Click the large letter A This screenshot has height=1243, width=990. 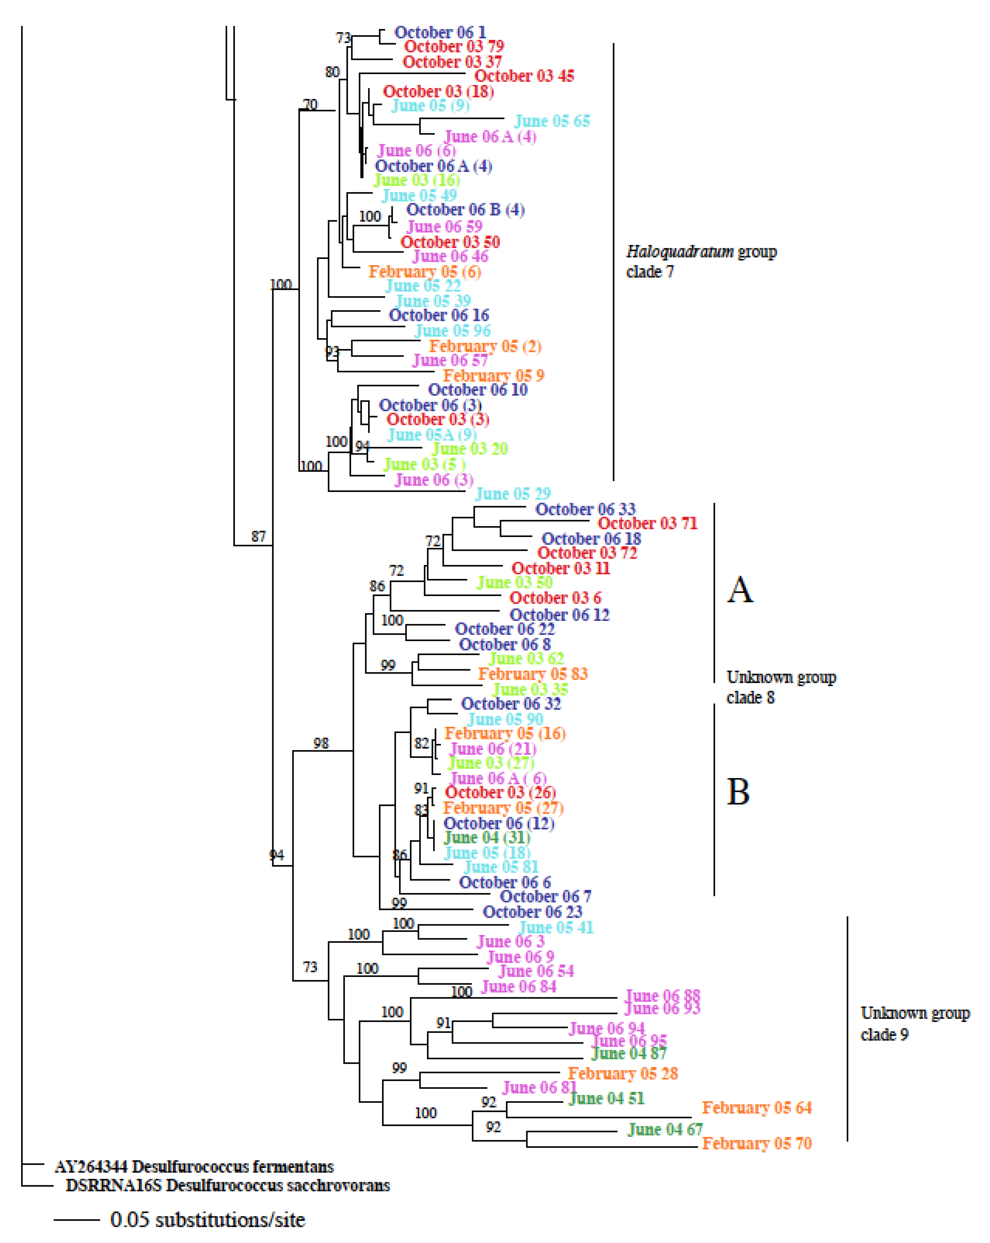pyautogui.click(x=740, y=589)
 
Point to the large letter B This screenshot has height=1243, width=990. pyautogui.click(x=738, y=792)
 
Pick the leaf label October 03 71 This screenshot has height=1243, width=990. pyautogui.click(x=647, y=524)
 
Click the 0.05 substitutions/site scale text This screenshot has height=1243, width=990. pyautogui.click(x=208, y=1220)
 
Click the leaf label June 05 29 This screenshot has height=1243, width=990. pyautogui.click(x=512, y=494)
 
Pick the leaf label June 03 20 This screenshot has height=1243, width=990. pyautogui.click(x=470, y=449)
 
